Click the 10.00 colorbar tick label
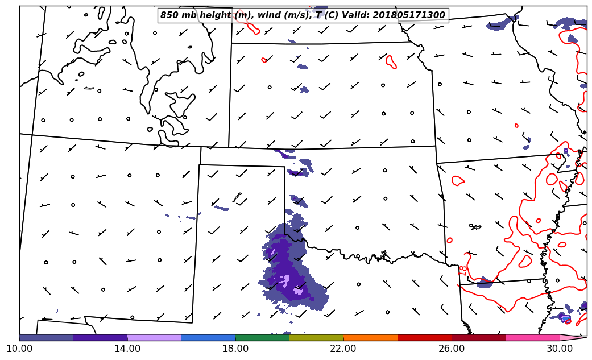point(19,348)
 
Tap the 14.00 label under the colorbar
point(127,348)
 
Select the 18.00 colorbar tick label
point(235,348)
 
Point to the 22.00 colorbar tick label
point(343,348)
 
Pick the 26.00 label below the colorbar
point(452,348)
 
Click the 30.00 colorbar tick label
point(560,348)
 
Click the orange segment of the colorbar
point(370,337)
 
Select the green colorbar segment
point(262,337)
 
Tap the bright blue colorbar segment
point(208,337)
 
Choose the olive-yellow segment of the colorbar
point(316,337)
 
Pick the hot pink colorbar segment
point(532,337)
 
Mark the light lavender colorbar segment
point(154,337)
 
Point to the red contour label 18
point(463,271)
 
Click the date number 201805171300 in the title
point(409,15)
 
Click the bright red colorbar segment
point(424,337)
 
